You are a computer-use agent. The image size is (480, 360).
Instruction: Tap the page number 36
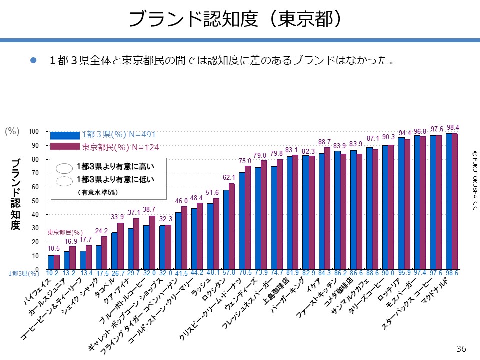point(461,348)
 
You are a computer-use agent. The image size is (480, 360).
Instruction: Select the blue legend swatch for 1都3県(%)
point(65,135)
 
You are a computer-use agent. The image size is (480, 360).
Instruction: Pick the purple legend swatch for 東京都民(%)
point(65,147)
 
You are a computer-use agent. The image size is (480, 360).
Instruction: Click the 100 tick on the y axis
point(33,132)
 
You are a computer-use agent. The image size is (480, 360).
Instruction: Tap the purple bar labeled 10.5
point(56,262)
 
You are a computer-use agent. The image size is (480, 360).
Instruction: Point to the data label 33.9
point(117,217)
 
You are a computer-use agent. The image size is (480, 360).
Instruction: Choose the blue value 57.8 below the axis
point(229,273)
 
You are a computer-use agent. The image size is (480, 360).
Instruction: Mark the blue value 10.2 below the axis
point(52,273)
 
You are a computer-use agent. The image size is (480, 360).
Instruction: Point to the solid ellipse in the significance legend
point(65,167)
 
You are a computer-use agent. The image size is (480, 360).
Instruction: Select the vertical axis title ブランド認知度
point(16,195)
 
